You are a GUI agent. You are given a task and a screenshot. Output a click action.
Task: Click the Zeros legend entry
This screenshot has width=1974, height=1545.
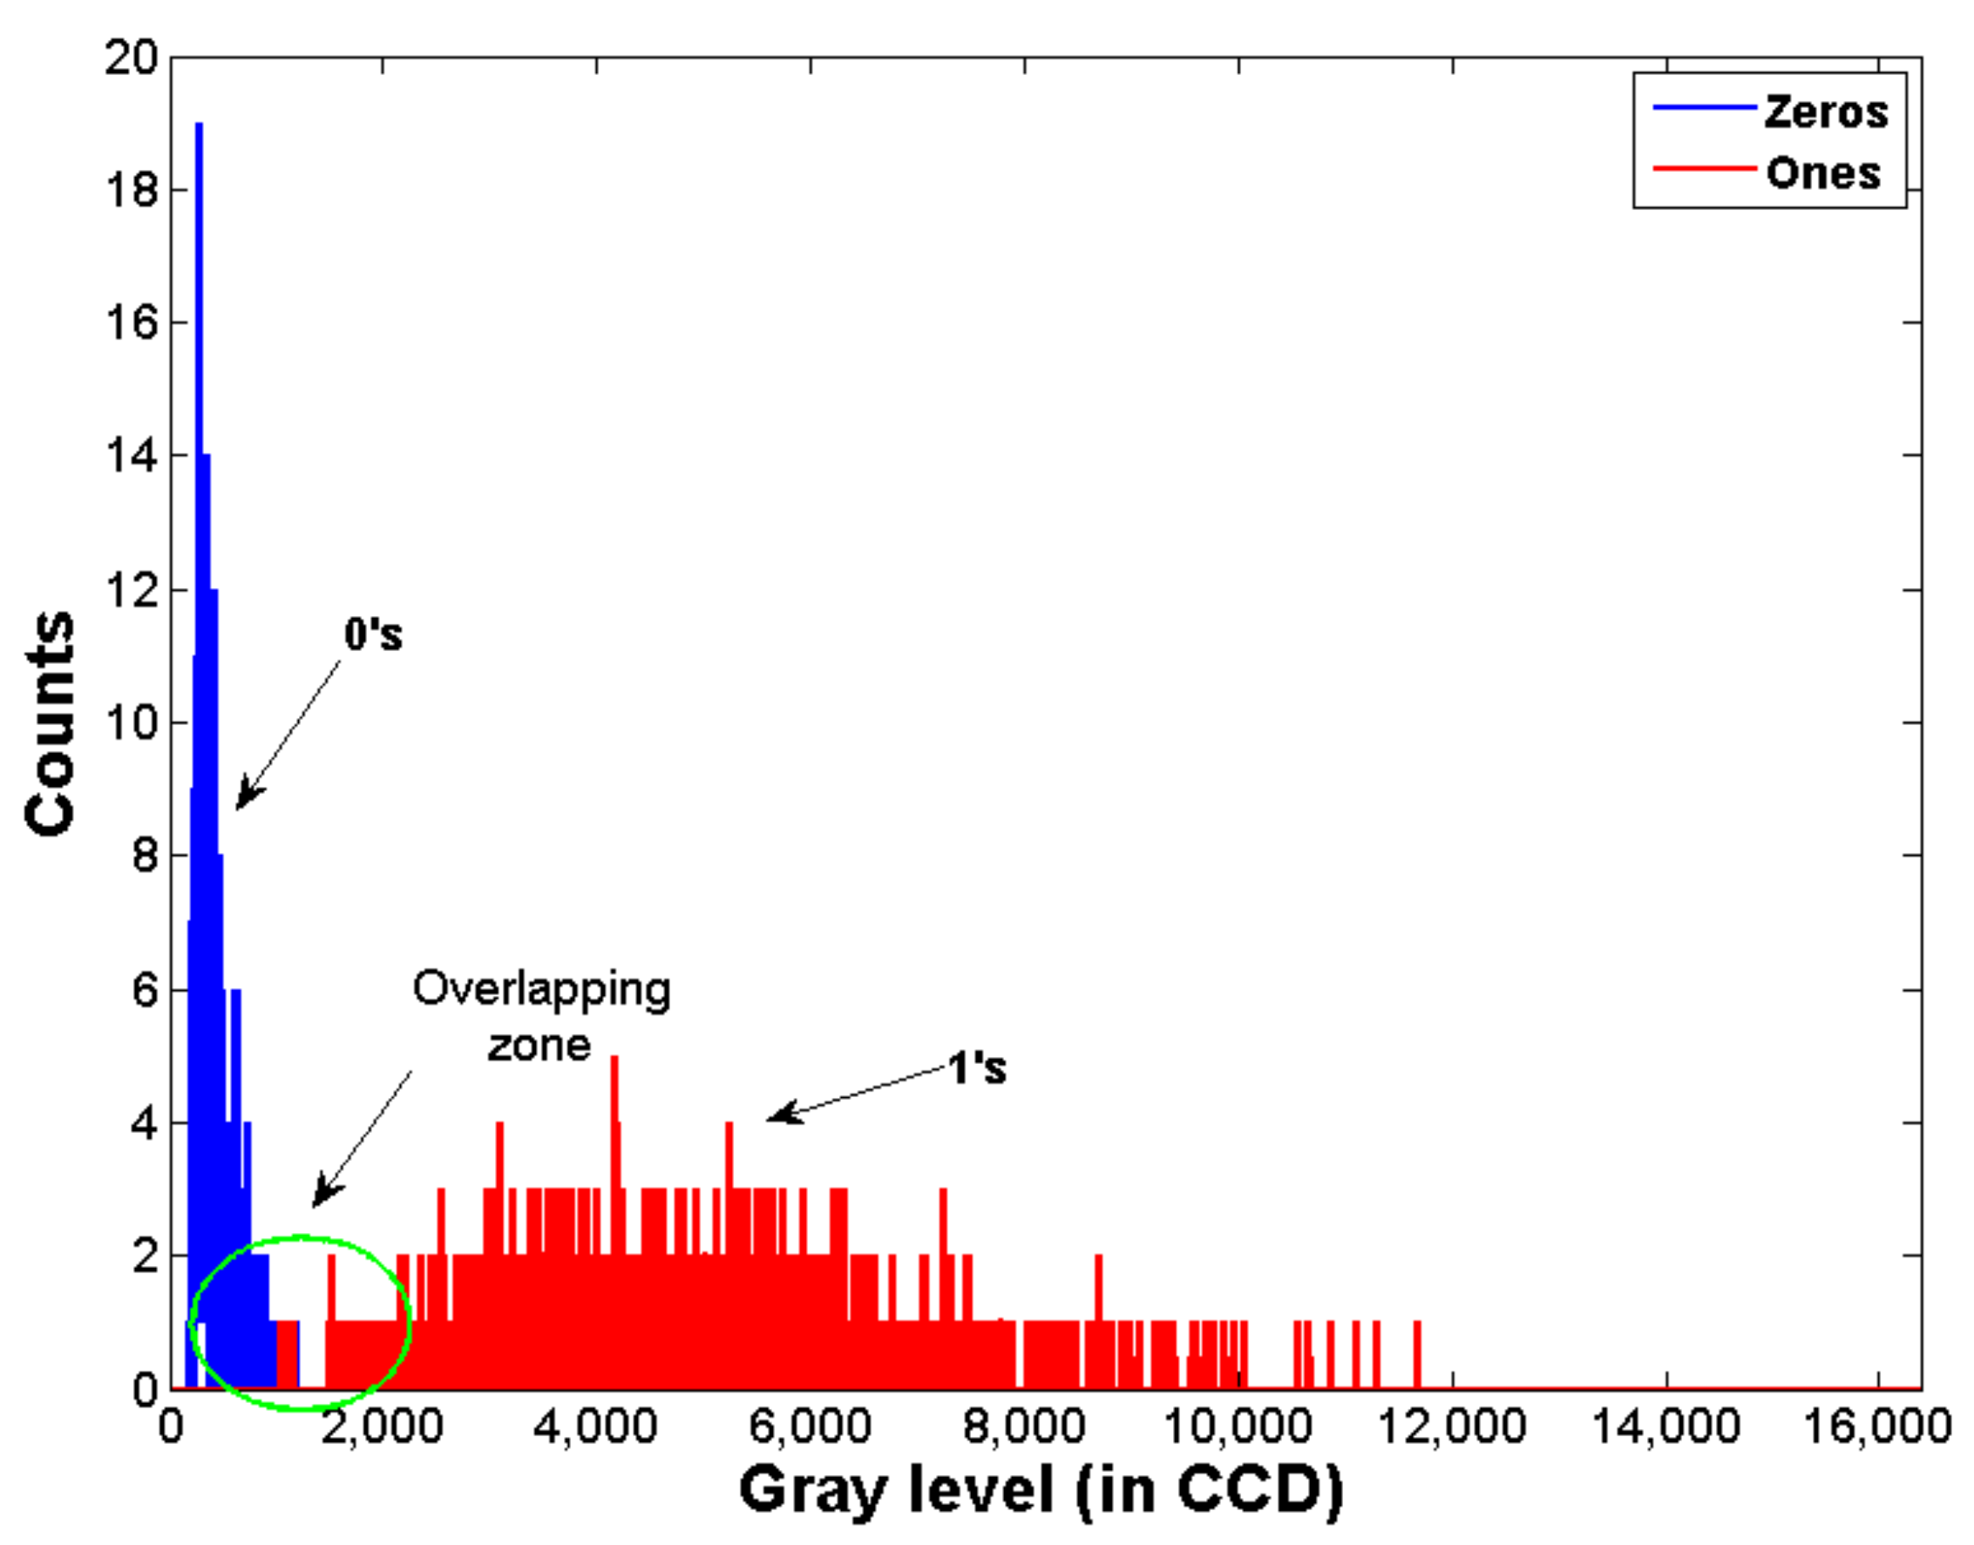click(1825, 112)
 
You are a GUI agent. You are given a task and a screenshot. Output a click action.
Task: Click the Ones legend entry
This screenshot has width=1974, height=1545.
click(1822, 173)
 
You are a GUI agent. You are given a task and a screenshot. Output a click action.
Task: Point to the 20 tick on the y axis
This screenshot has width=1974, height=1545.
click(132, 58)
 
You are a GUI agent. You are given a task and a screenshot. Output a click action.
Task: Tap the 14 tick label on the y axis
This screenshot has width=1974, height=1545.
click(132, 456)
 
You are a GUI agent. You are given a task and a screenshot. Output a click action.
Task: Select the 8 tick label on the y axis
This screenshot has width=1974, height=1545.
click(145, 856)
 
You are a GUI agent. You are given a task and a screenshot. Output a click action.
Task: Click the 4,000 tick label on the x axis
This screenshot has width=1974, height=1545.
click(594, 1427)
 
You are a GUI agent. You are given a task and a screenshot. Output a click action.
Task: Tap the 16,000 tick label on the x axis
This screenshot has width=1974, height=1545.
click(1876, 1427)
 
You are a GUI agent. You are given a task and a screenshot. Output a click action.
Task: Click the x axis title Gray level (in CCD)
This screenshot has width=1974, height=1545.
click(1041, 1491)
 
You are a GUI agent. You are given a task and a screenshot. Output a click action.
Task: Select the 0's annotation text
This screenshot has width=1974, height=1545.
click(373, 634)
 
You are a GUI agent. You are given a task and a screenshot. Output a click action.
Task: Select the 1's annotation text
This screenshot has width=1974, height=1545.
click(976, 1069)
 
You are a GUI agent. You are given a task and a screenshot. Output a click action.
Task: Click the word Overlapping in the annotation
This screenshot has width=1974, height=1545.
click(541, 990)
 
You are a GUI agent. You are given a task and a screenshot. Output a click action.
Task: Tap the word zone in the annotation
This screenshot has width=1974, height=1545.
click(539, 1046)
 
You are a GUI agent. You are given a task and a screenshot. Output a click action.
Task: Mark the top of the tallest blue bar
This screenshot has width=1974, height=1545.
click(199, 125)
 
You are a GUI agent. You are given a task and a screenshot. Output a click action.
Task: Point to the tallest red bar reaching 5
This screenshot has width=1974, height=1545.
click(614, 1059)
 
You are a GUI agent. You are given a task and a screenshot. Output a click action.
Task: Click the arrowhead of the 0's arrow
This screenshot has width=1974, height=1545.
click(241, 802)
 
